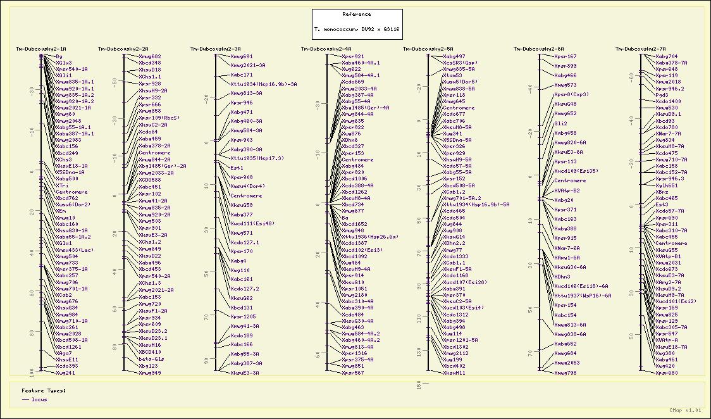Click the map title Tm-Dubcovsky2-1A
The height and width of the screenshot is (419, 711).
click(x=41, y=49)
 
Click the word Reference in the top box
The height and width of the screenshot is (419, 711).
click(x=357, y=14)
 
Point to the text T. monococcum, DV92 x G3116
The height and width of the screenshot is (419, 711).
click(x=357, y=29)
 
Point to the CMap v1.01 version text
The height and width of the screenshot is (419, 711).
click(x=686, y=410)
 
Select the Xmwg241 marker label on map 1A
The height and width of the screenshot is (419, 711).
click(x=65, y=373)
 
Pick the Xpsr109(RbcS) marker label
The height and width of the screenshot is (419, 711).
click(x=159, y=118)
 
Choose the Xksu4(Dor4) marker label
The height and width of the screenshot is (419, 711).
click(x=247, y=186)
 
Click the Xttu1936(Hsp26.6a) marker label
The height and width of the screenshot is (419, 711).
click(x=370, y=236)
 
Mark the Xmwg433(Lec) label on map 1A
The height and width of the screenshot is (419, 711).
click(x=74, y=249)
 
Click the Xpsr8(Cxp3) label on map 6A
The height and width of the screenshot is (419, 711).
click(x=571, y=94)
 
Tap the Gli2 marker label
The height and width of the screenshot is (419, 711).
click(x=560, y=123)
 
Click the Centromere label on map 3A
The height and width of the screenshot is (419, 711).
click(x=246, y=196)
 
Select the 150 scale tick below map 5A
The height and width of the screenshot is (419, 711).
click(x=418, y=385)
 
